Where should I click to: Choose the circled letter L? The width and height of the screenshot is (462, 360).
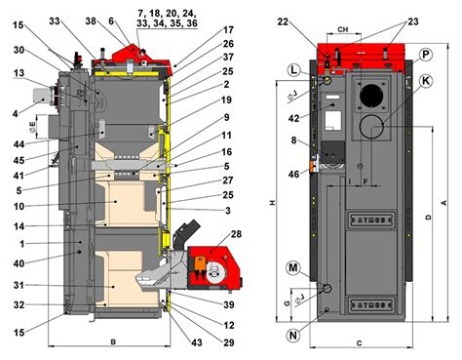293,70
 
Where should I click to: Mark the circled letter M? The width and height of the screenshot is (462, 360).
293,266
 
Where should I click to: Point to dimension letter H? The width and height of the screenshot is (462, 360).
272,202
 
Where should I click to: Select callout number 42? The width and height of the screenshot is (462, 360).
294,119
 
